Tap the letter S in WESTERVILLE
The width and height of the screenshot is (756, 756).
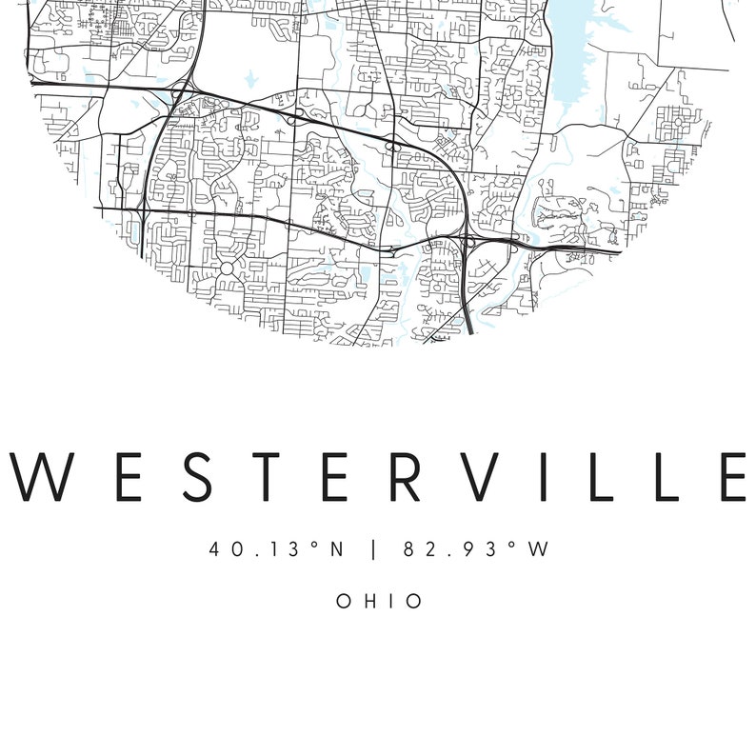(189, 476)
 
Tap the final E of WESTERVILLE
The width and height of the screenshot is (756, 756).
(729, 476)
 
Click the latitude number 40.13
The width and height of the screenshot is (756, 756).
(247, 549)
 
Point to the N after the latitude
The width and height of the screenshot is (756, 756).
(336, 549)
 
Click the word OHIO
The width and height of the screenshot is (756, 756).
(379, 601)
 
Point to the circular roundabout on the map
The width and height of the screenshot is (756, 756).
(227, 269)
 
